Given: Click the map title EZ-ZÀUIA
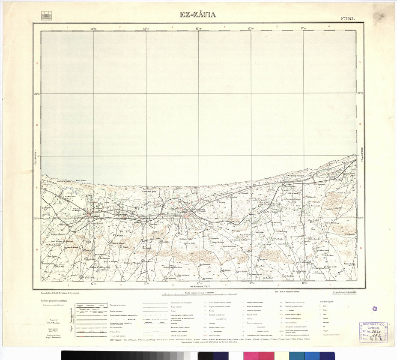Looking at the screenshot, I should (x=198, y=15).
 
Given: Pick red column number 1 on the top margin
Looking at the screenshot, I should (x=68, y=27).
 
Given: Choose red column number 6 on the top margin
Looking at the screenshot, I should (x=329, y=27).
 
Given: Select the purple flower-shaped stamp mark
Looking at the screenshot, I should (x=374, y=309).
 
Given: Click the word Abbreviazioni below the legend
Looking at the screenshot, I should (x=118, y=346).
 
